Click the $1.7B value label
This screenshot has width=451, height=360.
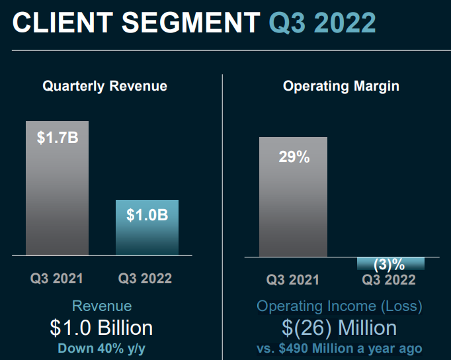[x=57, y=139]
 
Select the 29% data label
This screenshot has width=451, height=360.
[x=294, y=157]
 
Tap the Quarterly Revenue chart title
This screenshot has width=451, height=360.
[x=104, y=86]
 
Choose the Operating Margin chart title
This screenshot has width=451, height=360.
[x=341, y=86]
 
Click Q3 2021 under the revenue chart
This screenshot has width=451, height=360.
[x=57, y=278]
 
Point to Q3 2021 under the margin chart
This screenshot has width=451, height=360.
[x=293, y=279]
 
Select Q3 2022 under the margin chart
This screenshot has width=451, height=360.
[x=389, y=279]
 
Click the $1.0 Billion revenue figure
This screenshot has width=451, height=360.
[x=101, y=328]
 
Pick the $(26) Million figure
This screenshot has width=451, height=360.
[x=339, y=328]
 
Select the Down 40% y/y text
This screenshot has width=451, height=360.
[x=101, y=348]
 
